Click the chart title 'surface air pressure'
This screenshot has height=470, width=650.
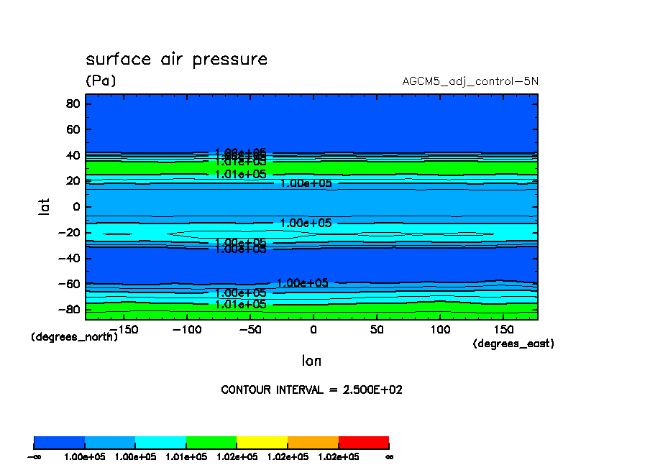[x=176, y=59]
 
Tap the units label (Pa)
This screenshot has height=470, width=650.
[x=101, y=80]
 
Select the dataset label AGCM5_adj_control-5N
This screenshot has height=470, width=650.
[x=470, y=80]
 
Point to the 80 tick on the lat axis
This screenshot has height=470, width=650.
[x=71, y=103]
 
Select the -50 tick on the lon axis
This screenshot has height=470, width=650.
[x=249, y=328]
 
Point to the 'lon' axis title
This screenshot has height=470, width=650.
[x=311, y=361]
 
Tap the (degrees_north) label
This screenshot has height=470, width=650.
[x=74, y=336]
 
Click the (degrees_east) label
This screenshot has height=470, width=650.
[x=513, y=344]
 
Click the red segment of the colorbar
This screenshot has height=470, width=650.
[x=363, y=442]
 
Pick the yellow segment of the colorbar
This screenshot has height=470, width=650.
[x=262, y=442]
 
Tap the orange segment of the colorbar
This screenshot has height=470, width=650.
[x=313, y=442]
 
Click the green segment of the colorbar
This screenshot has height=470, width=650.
[x=211, y=442]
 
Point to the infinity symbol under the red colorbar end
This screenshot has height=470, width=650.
[x=389, y=456]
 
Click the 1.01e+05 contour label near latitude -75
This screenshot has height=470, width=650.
[x=241, y=304]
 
